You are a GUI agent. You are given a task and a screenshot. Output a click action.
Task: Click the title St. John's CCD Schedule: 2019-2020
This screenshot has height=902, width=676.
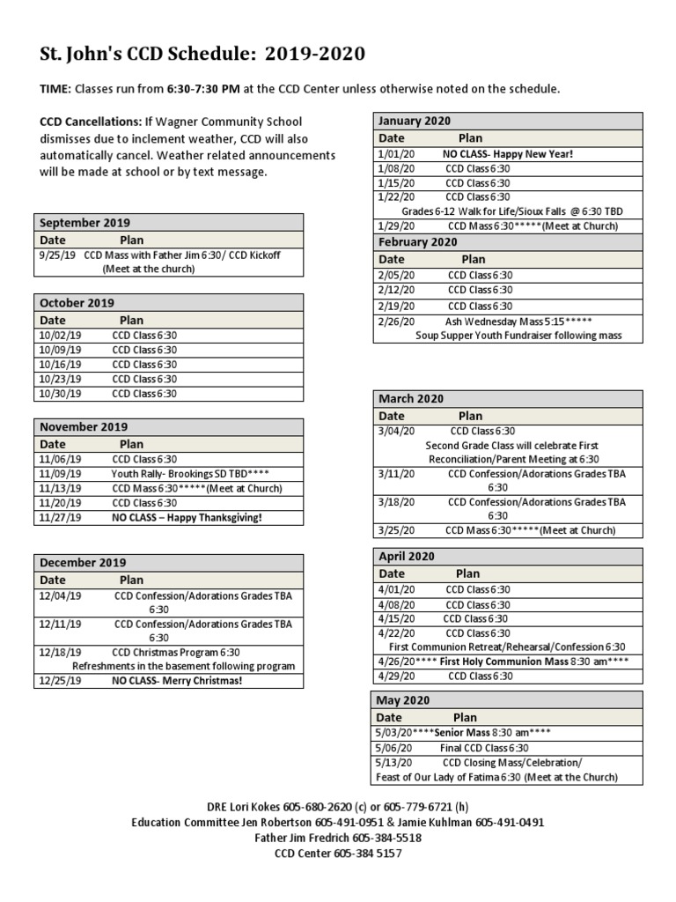tap(202, 55)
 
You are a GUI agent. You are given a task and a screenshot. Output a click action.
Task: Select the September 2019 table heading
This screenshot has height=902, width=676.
tap(84, 223)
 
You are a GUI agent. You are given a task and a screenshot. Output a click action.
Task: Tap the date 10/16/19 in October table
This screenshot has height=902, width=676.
tap(60, 364)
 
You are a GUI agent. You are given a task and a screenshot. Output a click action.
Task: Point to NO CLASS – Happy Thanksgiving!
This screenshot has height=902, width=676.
tap(187, 517)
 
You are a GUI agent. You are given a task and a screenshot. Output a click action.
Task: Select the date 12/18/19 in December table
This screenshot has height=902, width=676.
tap(60, 652)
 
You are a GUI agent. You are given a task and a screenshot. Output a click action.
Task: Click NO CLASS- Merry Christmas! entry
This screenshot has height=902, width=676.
tap(176, 681)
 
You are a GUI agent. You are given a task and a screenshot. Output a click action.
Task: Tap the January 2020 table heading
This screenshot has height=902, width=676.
tap(414, 121)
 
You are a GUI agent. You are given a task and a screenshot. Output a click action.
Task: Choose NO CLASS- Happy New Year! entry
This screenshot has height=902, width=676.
tap(508, 153)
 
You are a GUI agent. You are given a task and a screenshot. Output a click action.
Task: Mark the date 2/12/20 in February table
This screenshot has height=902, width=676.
tap(395, 290)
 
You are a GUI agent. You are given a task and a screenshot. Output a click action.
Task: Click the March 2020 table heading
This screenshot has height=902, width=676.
tap(411, 399)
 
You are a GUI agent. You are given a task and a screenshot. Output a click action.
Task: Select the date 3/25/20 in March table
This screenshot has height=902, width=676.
tap(395, 530)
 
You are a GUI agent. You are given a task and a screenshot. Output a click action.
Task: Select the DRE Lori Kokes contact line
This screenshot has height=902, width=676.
tap(338, 807)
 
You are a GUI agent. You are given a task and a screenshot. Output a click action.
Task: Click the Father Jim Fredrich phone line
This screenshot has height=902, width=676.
tap(338, 838)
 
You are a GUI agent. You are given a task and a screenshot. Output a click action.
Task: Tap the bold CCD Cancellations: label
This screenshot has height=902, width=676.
tap(90, 121)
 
